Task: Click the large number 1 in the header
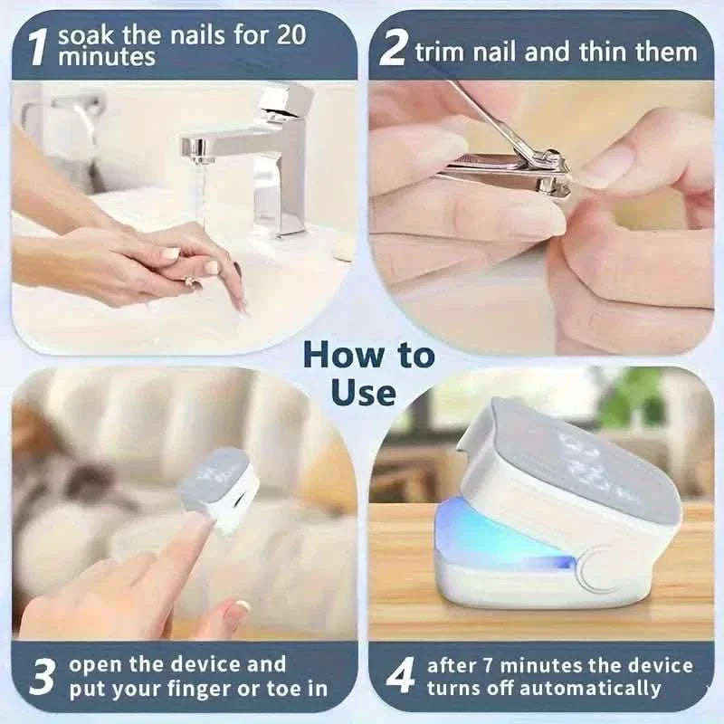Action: [x=35, y=47]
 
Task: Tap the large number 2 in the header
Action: [x=392, y=49]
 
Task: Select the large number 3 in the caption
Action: [x=42, y=678]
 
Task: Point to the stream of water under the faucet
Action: [x=202, y=195]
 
